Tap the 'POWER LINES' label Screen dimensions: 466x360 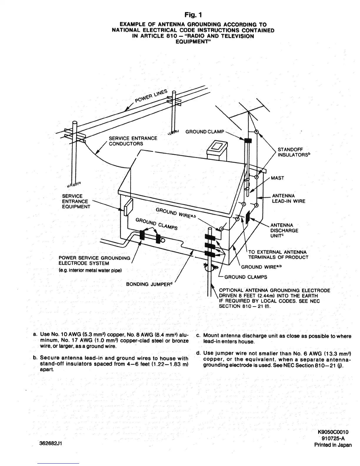point(151,96)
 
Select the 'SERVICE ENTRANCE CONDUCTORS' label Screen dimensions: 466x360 point(133,141)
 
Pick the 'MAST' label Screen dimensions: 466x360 point(277,178)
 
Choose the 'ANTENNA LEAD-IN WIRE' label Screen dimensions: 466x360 point(289,199)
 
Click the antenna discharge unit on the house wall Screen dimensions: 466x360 point(248,217)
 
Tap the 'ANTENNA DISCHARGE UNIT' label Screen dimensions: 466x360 point(284,230)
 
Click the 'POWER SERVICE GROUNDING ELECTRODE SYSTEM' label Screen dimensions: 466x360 point(94,261)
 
